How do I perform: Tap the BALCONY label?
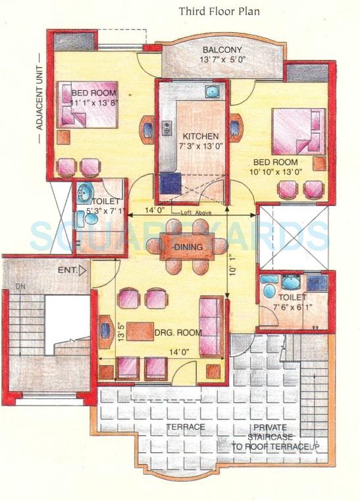pos(222,50)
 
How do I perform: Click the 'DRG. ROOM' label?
pos(179,333)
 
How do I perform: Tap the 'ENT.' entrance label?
pos(68,269)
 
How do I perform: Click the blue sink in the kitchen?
pos(211,92)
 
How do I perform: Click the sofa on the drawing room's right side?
pos(211,319)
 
